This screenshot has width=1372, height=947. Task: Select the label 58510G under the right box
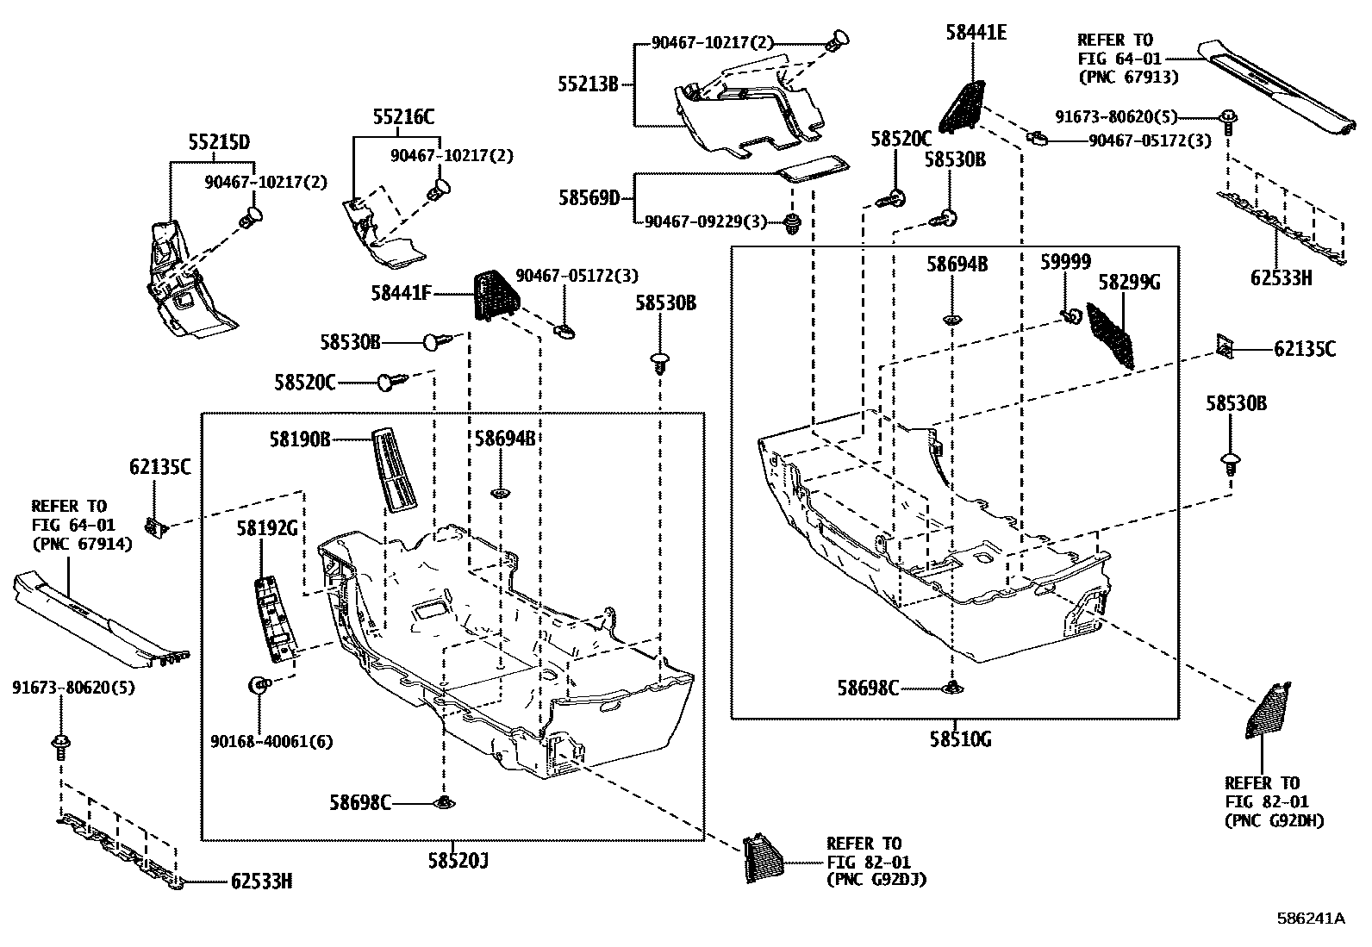coord(955,739)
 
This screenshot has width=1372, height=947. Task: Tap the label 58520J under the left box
coord(458,860)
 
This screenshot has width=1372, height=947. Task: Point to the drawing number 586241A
coord(1310,919)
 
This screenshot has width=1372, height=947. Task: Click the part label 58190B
coord(299,439)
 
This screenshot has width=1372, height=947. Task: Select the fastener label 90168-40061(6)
coord(271,741)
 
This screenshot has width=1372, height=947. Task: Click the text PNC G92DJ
coord(876,880)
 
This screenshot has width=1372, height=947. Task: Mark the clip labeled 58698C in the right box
coord(952,687)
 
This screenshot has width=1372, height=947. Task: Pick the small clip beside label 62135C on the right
coord(1225,346)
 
